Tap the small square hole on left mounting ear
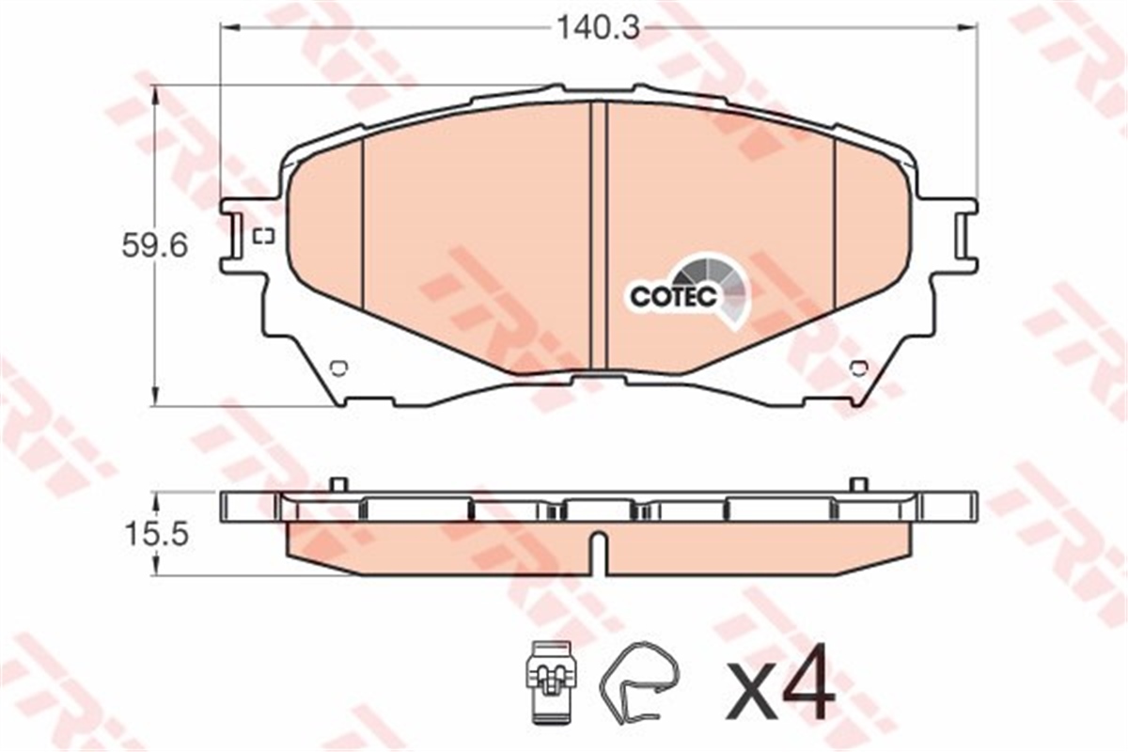tap(263, 236)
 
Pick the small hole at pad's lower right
tap(857, 368)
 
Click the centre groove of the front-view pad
tap(599, 235)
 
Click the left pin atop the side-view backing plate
tap(339, 485)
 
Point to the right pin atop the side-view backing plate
tap(857, 485)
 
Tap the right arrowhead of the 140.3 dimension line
tap(970, 28)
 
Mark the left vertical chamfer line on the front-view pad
tap(362, 226)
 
